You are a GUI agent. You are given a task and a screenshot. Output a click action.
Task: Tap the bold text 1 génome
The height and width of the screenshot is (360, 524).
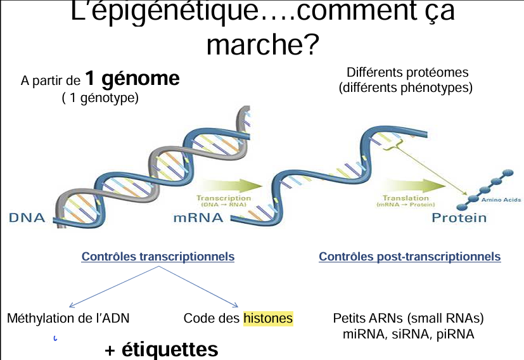(x=132, y=79)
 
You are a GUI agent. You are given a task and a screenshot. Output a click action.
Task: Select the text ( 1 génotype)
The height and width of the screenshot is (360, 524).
(x=100, y=98)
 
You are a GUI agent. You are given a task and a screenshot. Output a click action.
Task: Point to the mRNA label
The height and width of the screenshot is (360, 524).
(x=198, y=218)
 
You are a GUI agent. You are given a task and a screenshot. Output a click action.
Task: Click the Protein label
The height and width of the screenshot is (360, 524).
(x=459, y=218)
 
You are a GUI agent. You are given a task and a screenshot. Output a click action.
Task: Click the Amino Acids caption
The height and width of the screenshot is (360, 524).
(x=502, y=200)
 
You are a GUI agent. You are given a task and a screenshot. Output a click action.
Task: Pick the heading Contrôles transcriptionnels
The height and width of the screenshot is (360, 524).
(x=158, y=257)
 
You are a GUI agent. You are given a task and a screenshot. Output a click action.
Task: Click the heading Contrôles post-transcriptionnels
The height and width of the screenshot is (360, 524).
(x=409, y=257)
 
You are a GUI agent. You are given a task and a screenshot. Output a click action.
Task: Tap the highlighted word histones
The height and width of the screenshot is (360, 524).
(x=268, y=318)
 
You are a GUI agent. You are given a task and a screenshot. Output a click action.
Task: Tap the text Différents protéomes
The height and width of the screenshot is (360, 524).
(x=407, y=73)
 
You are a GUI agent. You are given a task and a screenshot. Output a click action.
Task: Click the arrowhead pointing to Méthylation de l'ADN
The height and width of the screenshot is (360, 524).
(x=73, y=305)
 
